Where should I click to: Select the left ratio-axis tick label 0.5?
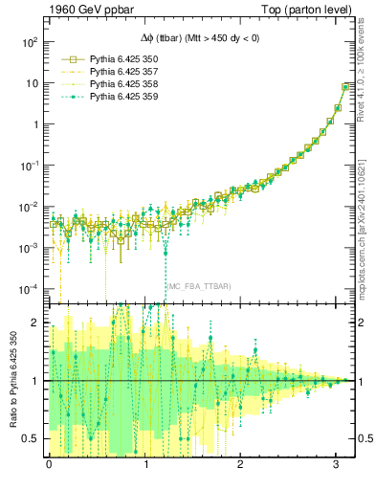(32, 439)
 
